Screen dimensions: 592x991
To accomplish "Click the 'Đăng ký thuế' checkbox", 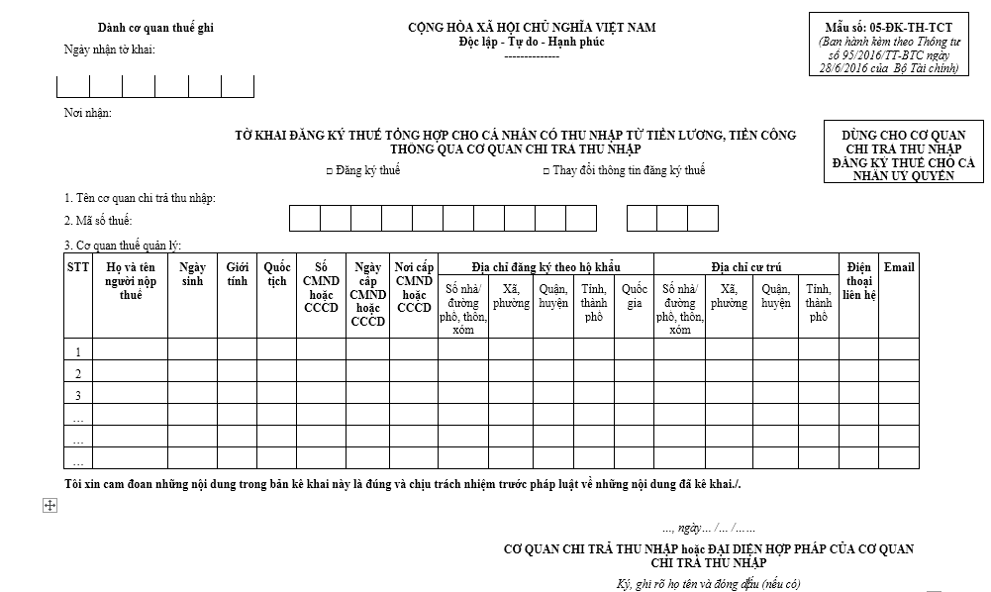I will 330,171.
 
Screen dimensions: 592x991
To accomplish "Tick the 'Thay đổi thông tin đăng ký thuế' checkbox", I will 545,171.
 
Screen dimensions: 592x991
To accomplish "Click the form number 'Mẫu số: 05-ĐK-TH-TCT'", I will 888,27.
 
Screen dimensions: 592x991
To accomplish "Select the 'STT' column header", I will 78,267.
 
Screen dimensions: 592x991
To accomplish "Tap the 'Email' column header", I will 898,267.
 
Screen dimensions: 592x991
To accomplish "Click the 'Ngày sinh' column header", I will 192,274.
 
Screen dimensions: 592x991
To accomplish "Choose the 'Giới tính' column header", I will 237,274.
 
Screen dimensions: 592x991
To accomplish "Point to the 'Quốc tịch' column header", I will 276,274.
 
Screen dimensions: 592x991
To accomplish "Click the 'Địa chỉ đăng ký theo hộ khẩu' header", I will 545,266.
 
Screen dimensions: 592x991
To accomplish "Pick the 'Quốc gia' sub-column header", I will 634,296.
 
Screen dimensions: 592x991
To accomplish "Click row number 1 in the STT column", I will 78,351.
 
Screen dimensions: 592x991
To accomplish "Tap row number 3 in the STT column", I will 78,395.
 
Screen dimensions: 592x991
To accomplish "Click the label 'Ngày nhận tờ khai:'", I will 110,50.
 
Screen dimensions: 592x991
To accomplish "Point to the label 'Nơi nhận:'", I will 88,113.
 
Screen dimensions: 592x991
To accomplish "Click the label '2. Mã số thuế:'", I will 99,220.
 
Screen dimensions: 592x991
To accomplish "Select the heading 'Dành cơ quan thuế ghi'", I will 155,28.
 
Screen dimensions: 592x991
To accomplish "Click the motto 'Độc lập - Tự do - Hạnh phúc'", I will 532,42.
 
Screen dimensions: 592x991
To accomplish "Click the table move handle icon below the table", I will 49,506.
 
